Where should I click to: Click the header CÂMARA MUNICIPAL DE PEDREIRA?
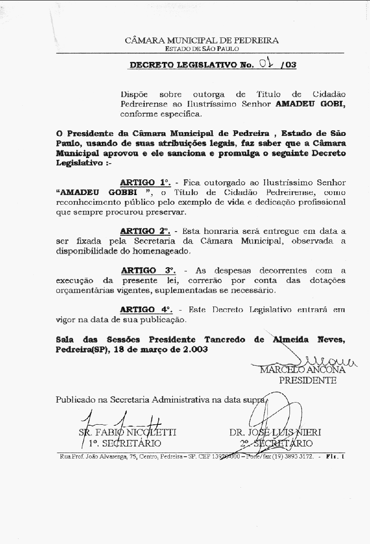pos(202,40)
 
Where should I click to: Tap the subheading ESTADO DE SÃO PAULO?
pos(202,49)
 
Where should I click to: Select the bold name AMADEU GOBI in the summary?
pos(310,104)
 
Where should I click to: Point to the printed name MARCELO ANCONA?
pos(302,370)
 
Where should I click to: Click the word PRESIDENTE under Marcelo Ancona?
pos(308,381)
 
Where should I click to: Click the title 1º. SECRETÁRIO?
pos(125,444)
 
